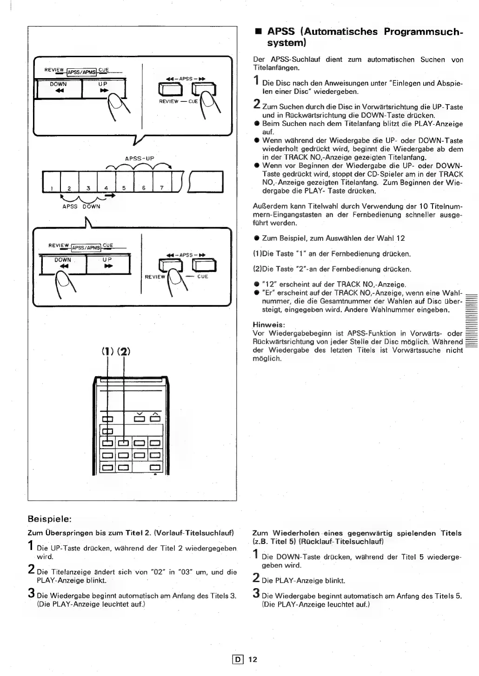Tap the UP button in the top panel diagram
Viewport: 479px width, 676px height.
103,88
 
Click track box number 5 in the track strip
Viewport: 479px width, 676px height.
124,182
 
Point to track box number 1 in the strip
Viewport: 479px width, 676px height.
52,182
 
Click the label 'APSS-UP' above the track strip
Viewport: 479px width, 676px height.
140,159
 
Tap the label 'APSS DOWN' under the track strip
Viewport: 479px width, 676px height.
81,206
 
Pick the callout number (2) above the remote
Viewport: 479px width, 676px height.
123,351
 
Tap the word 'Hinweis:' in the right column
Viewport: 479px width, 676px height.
269,325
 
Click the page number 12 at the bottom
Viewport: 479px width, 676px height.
253,659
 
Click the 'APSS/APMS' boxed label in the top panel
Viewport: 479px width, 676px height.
81,72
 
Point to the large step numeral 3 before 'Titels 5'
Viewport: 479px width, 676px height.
256,594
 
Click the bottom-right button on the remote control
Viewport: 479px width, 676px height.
154,467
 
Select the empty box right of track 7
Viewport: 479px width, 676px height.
206,181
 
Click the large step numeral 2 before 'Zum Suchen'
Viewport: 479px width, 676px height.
256,105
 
